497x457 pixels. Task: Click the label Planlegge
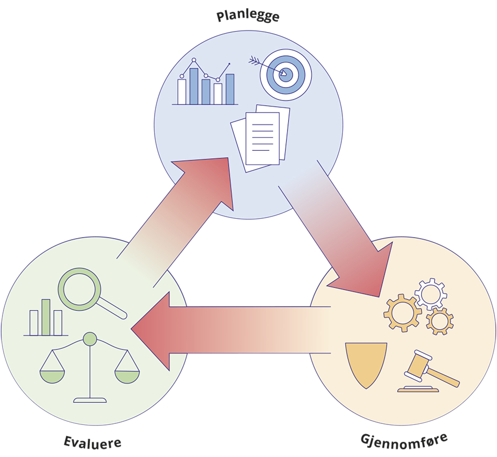[248, 16]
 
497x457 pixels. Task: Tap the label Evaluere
[92, 442]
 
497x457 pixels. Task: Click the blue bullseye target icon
[286, 75]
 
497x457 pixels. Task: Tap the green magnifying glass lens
[79, 289]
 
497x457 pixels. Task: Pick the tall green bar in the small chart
[46, 317]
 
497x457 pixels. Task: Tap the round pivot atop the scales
[90, 339]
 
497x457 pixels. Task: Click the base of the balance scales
[90, 400]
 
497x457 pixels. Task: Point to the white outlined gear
[431, 293]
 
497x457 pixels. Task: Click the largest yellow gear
[403, 313]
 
